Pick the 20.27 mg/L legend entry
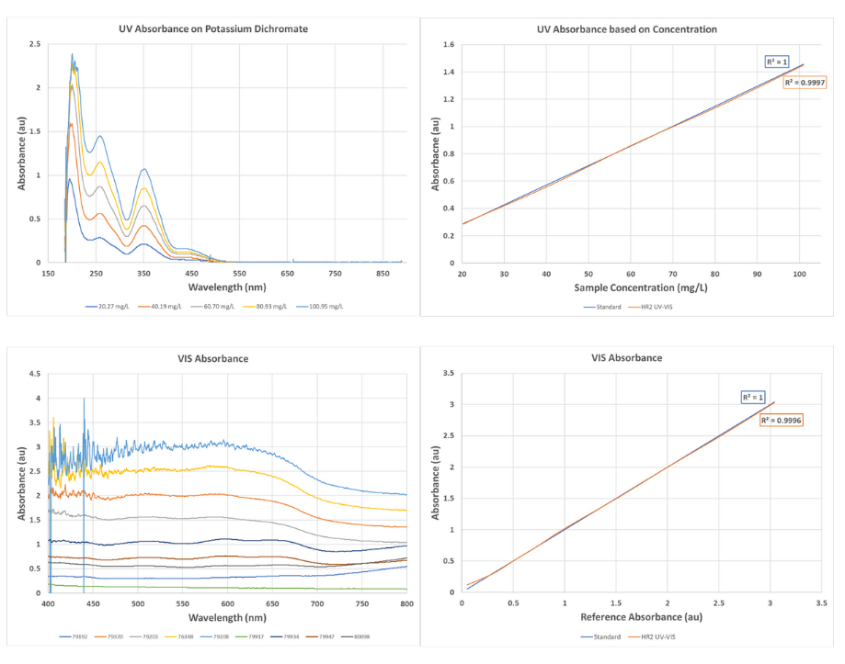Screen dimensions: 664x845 click(106, 306)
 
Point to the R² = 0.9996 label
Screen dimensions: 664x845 click(780, 420)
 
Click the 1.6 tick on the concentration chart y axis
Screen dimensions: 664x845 click(448, 44)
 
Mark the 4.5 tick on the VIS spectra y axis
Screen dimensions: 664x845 click(35, 374)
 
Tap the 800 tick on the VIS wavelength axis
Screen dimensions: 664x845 click(405, 603)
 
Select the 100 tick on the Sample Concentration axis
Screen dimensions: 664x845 click(798, 274)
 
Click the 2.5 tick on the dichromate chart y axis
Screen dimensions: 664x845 click(35, 44)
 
